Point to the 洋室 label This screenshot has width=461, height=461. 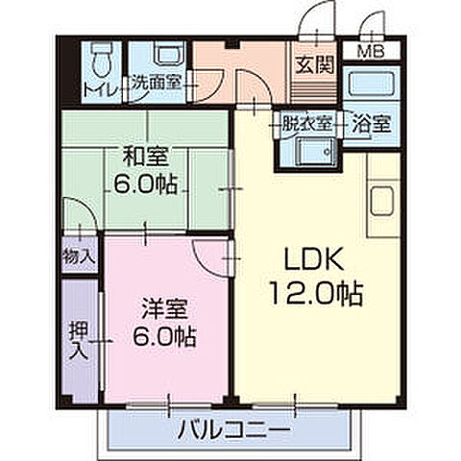[162, 309]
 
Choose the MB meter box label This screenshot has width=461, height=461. [370, 52]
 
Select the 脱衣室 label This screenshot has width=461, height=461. [306, 123]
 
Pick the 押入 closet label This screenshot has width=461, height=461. [80, 338]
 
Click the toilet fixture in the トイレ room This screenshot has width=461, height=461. [100, 61]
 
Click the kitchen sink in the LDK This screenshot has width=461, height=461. [381, 205]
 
